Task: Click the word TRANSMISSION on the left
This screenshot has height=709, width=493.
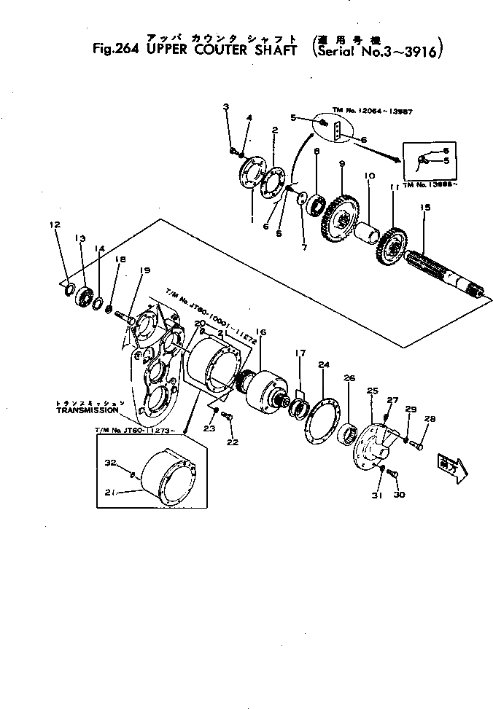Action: tap(82, 410)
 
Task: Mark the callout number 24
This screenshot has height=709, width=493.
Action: tap(322, 364)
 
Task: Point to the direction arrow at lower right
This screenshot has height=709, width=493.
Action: tap(449, 464)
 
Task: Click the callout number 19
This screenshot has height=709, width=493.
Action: tap(144, 270)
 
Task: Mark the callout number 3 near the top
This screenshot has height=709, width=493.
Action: tap(226, 107)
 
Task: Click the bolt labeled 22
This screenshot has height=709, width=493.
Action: tap(226, 416)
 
